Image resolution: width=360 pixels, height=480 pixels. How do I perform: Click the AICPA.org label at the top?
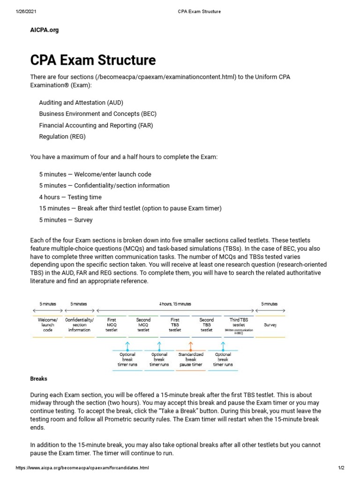pos(45,30)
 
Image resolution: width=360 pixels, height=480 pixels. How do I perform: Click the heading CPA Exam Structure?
pos(93,60)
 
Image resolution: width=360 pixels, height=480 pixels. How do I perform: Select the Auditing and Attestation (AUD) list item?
pos(81,102)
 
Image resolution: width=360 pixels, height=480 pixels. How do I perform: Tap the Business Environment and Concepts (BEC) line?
pos(97,114)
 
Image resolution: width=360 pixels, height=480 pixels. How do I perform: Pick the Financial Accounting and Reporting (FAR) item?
pos(96,125)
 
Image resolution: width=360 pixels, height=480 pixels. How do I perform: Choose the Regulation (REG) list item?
pos(62,137)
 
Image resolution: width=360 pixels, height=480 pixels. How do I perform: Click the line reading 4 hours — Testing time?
pos(70,197)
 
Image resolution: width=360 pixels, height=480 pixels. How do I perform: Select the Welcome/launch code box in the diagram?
pos(47,325)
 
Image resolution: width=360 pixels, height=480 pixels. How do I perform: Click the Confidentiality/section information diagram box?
pos(79,325)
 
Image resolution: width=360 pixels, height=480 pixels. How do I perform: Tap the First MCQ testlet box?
pos(112,325)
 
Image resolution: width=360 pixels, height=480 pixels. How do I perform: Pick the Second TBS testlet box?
pos(207,325)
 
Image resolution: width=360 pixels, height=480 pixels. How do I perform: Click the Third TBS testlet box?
pos(239,325)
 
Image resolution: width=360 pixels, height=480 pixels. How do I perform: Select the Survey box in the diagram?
pos(270,324)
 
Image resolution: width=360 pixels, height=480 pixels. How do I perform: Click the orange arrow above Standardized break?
pos(190,346)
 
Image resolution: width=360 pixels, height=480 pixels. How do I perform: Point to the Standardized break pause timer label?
pos(190,360)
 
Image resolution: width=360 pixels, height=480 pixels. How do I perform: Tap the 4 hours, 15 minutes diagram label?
pos(175,304)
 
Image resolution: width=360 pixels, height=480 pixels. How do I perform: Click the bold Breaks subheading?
pos(38,378)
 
